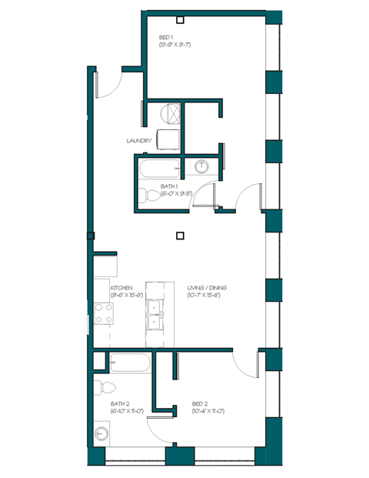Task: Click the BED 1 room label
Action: click(166, 37)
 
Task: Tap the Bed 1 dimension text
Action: click(175, 45)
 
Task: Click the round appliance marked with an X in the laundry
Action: click(172, 114)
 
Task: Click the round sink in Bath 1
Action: click(203, 166)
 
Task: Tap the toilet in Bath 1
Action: click(145, 196)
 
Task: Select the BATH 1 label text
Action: click(170, 186)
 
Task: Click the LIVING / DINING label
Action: click(207, 287)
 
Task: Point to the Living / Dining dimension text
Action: click(207, 295)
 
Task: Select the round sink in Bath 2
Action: click(100, 434)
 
